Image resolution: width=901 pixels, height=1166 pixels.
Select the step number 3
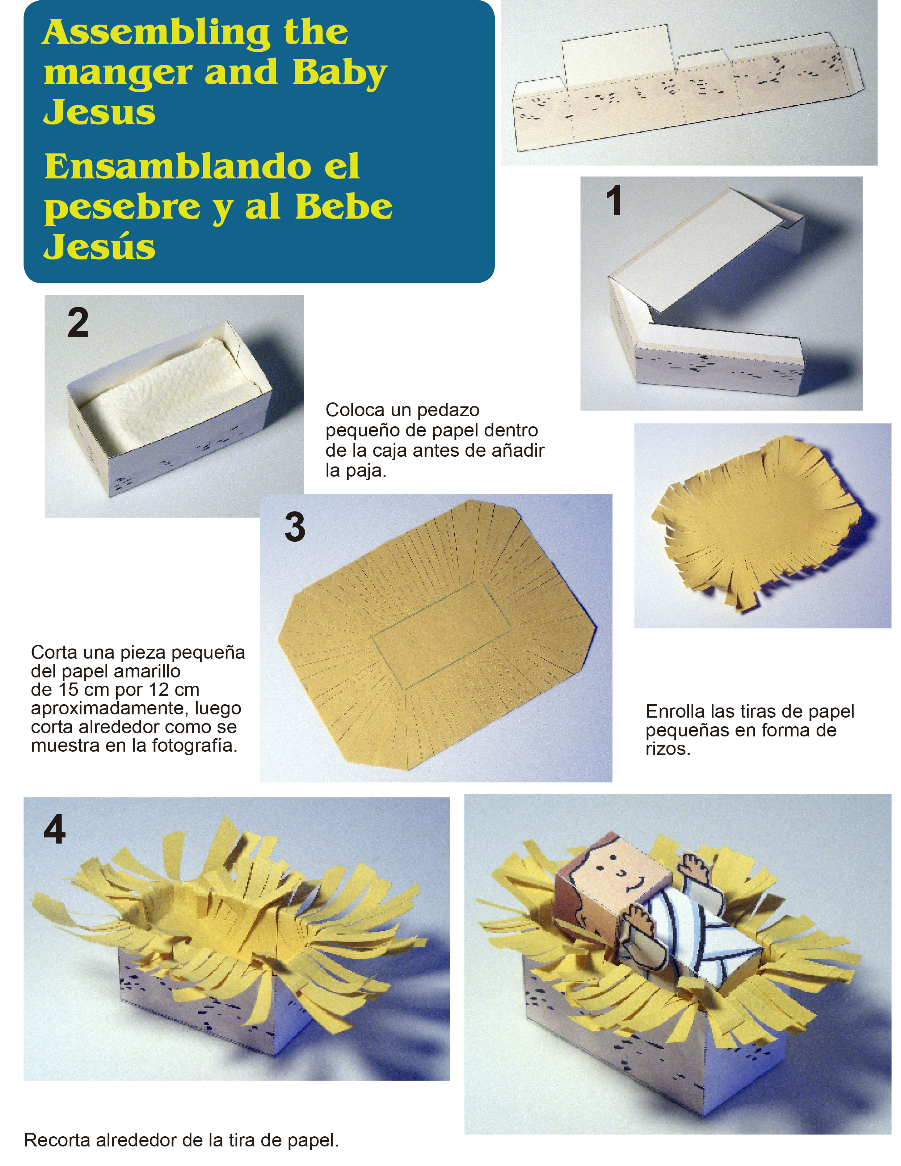[295, 527]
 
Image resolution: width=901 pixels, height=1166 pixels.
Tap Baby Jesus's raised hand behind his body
[693, 867]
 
